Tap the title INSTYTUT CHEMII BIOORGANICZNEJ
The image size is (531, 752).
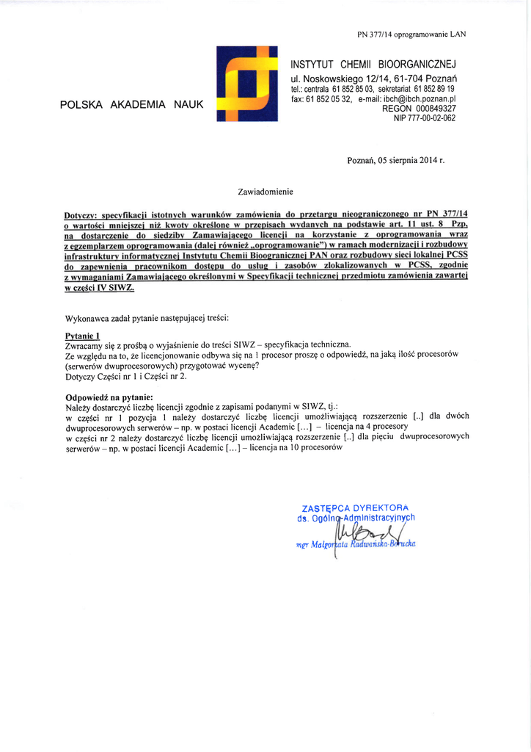(x=373, y=64)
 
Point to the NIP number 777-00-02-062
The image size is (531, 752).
(x=425, y=117)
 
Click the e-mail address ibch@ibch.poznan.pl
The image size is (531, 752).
(x=417, y=98)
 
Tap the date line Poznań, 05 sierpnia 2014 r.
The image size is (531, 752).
(x=395, y=159)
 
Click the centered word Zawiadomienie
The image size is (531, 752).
(x=265, y=192)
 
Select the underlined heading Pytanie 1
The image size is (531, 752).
(x=83, y=335)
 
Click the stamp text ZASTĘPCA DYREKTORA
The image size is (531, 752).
(x=354, y=507)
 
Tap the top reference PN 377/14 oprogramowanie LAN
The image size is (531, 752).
(x=411, y=34)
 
